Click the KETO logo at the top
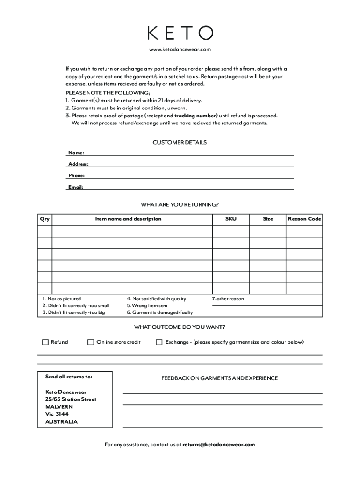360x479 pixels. [180, 33]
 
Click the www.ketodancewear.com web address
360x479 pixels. [180, 50]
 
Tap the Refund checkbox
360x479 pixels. [45, 342]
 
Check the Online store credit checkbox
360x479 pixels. [91, 342]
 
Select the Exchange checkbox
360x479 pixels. [159, 342]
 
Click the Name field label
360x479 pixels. [76, 153]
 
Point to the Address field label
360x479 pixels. [79, 164]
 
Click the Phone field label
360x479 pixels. [77, 176]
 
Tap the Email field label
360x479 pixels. [76, 187]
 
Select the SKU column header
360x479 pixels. [230, 219]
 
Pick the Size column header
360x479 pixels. [268, 219]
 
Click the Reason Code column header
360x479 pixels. [304, 219]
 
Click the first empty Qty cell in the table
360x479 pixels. [45, 232]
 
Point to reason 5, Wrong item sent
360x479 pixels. [147, 306]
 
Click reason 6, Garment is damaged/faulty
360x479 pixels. [159, 313]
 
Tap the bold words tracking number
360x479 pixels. [195, 116]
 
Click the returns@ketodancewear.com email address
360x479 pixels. [219, 445]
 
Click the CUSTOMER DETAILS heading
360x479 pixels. [180, 142]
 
